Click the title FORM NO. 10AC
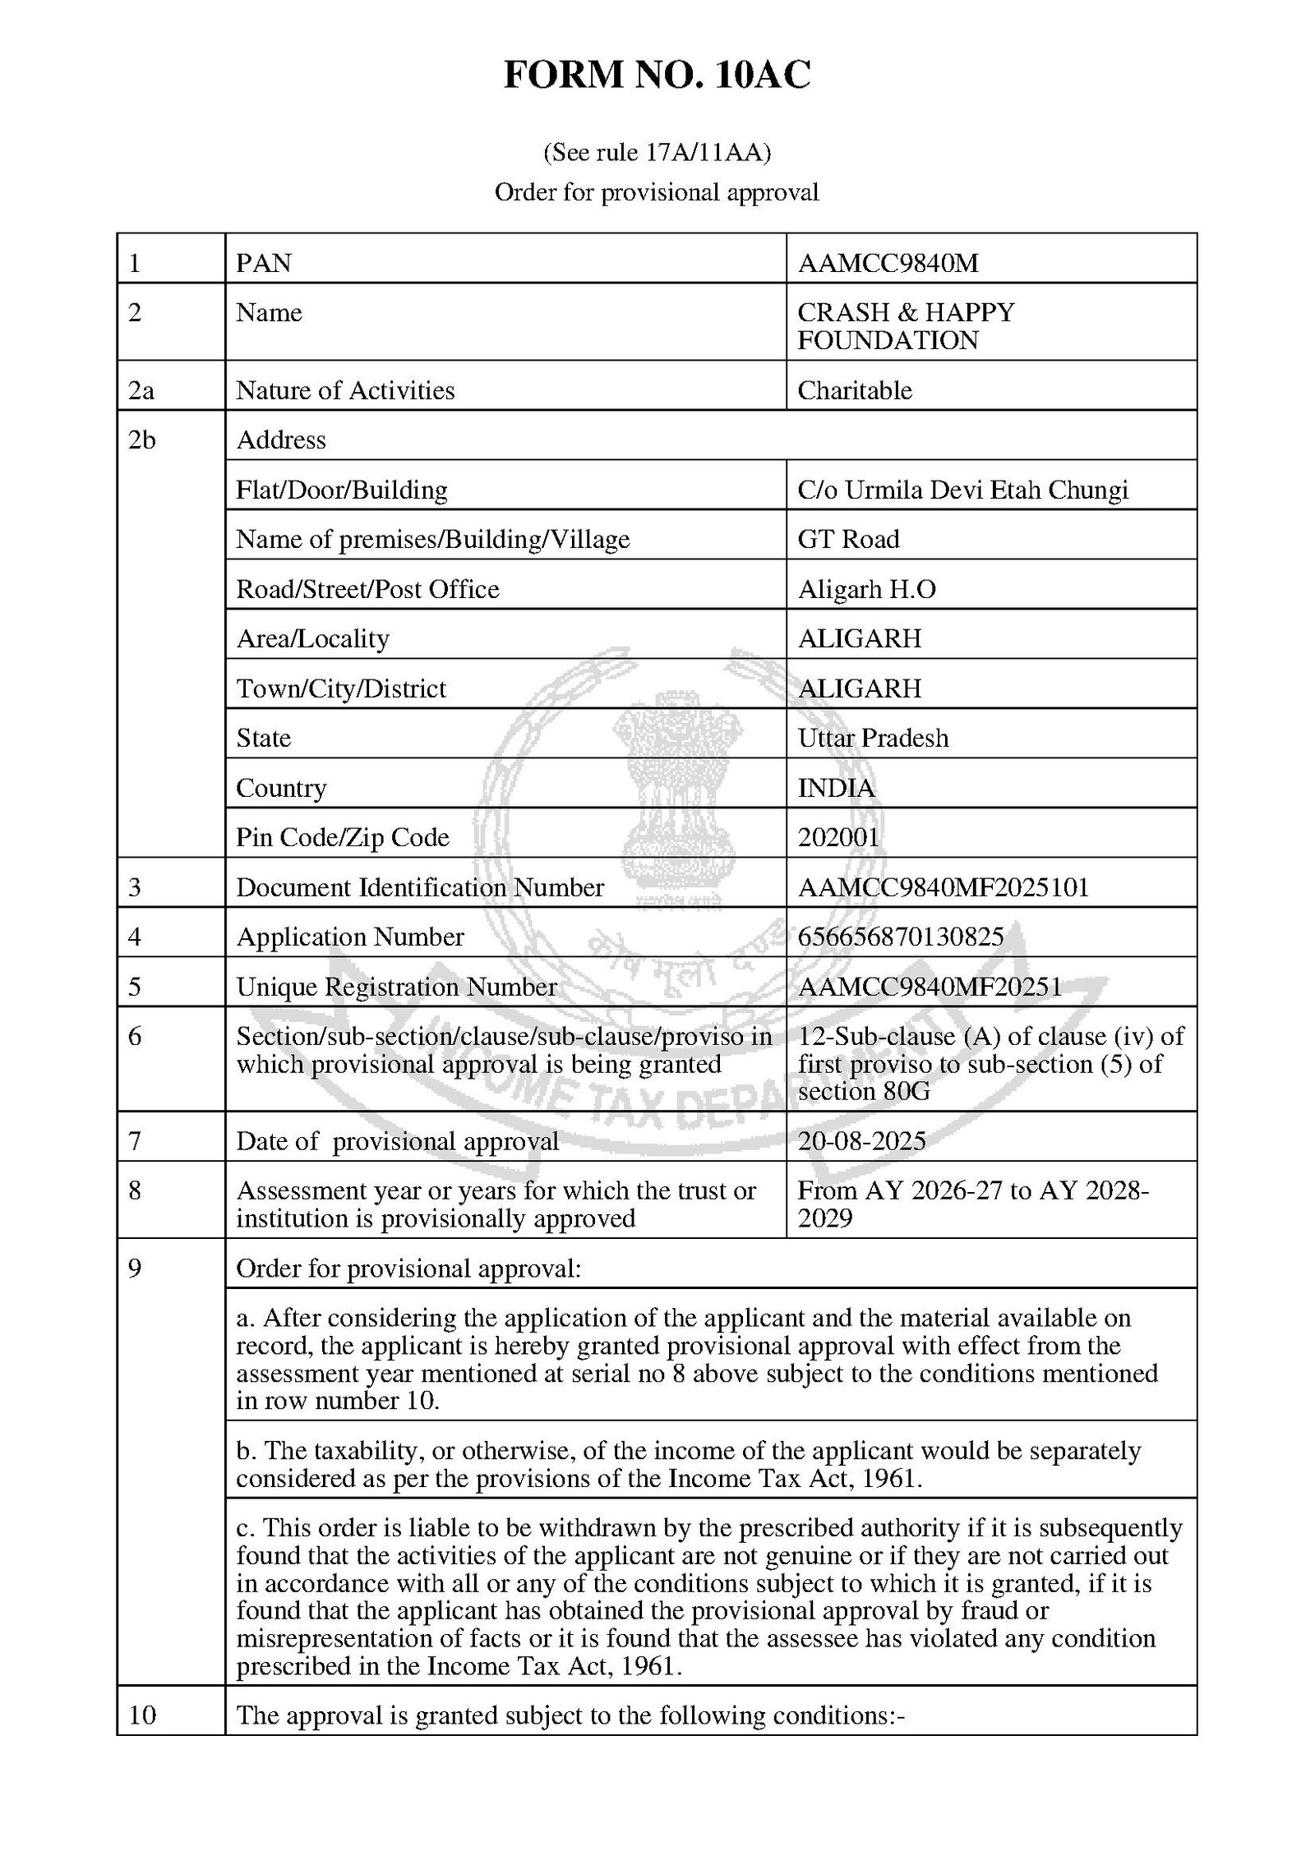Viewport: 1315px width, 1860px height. [x=657, y=76]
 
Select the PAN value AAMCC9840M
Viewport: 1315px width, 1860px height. [x=888, y=263]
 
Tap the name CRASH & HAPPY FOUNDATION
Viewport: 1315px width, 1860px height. [x=906, y=326]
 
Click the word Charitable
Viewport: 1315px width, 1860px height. [x=855, y=390]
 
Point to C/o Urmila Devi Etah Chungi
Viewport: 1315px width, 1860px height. [x=962, y=490]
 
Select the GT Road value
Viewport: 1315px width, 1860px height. [x=848, y=540]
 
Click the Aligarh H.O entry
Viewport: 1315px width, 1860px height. [x=866, y=590]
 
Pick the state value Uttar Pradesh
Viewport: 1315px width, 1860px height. [x=873, y=739]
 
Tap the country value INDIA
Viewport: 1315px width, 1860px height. [x=836, y=789]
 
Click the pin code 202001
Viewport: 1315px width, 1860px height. [x=838, y=838]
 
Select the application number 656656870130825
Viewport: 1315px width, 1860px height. [x=900, y=937]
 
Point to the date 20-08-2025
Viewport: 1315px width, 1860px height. [x=861, y=1141]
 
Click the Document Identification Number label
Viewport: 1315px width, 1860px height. [x=420, y=888]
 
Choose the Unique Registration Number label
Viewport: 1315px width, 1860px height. [x=396, y=988]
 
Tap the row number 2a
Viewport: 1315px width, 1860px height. [x=141, y=390]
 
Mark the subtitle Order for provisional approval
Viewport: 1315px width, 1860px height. [x=657, y=193]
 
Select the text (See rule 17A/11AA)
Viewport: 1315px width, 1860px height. [x=657, y=153]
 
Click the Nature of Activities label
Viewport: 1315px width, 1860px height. [x=345, y=390]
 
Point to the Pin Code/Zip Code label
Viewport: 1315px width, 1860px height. [x=343, y=838]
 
